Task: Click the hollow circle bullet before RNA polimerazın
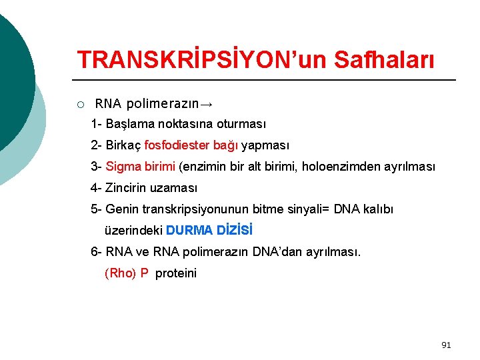click(x=80, y=104)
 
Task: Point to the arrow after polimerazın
click(x=207, y=104)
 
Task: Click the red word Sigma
click(x=123, y=166)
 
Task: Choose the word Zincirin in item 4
click(x=127, y=188)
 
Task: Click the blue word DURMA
click(x=189, y=231)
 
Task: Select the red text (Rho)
click(x=120, y=273)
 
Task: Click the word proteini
click(x=176, y=273)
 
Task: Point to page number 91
click(x=446, y=345)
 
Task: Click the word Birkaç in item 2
click(x=123, y=145)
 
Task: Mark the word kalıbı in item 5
click(x=379, y=209)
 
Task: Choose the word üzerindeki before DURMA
click(x=133, y=231)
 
